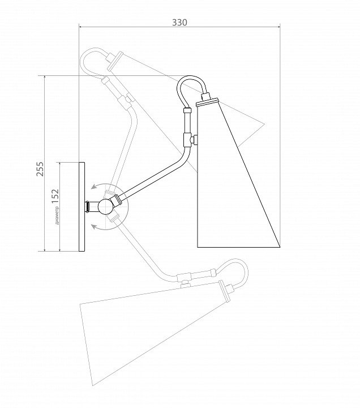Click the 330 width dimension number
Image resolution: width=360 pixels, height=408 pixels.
[x=179, y=22]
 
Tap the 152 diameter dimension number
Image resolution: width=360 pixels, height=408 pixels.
[x=55, y=195]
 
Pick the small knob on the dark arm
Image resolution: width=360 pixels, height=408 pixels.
[x=194, y=139]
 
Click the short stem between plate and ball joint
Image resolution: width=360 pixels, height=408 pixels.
[x=91, y=206]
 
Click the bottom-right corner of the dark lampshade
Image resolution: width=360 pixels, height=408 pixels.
[x=281, y=248]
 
